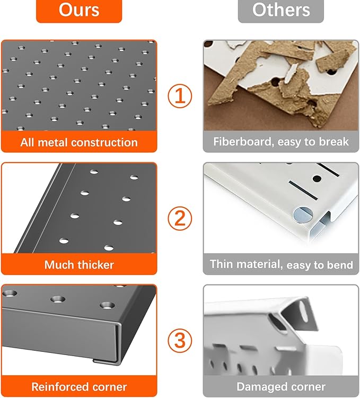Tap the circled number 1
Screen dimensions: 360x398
pyautogui.click(x=180, y=96)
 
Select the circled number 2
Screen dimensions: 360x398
pyautogui.click(x=180, y=218)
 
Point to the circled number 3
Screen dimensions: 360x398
pyautogui.click(x=180, y=341)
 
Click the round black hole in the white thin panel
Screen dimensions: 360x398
pyautogui.click(x=317, y=178)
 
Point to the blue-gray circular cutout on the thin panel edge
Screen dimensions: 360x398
pyautogui.click(x=303, y=215)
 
